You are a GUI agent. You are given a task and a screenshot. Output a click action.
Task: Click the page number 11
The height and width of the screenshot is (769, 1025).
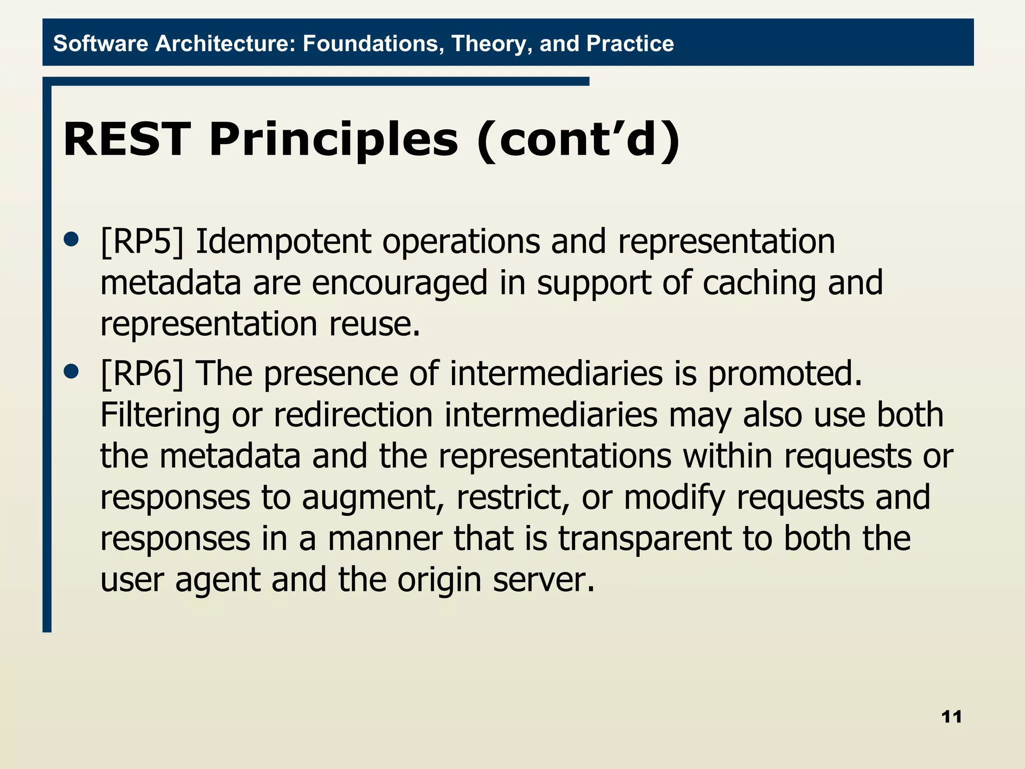951,717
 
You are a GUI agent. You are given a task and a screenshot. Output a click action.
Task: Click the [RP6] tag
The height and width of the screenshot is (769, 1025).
142,374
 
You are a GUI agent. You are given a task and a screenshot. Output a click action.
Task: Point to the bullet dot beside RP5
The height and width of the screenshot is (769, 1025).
72,239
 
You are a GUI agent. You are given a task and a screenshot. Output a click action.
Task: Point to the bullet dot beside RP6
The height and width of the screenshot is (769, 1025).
72,371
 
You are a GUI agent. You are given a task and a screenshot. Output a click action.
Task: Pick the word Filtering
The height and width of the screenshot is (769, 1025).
160,415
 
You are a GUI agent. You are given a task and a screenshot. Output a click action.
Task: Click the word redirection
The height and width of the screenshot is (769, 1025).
353,415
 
